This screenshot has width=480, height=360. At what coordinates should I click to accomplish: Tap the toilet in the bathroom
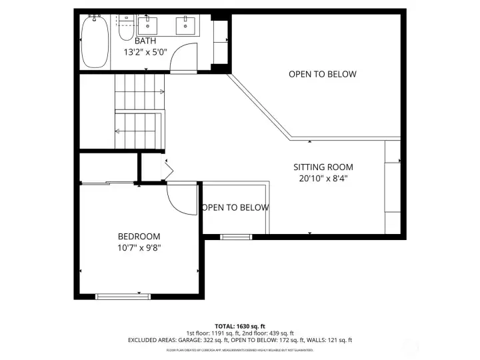tap(125, 31)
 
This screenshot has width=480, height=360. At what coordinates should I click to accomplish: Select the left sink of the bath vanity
tap(147, 27)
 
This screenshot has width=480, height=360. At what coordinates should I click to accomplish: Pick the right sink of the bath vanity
tap(185, 27)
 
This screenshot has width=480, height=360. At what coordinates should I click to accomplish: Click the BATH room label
tap(145, 41)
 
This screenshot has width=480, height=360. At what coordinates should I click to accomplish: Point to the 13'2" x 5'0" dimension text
tap(145, 51)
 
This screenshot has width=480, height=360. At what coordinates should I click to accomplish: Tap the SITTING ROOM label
tap(323, 167)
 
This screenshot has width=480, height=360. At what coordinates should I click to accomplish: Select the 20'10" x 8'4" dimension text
tap(323, 178)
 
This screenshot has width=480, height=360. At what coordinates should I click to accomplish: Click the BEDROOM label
tap(139, 237)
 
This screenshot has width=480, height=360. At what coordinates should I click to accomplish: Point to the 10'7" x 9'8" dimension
tap(139, 247)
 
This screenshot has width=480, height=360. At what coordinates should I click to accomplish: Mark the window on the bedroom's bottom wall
tap(123, 295)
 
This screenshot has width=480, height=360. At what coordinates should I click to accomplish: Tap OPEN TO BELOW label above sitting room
tap(322, 74)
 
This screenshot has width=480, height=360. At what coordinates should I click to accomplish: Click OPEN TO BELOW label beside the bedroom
tap(235, 207)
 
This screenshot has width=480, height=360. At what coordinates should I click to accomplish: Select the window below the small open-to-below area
tap(236, 236)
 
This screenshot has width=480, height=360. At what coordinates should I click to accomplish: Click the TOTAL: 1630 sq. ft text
tap(240, 326)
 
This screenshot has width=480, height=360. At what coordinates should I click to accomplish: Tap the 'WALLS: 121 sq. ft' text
tap(326, 341)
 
